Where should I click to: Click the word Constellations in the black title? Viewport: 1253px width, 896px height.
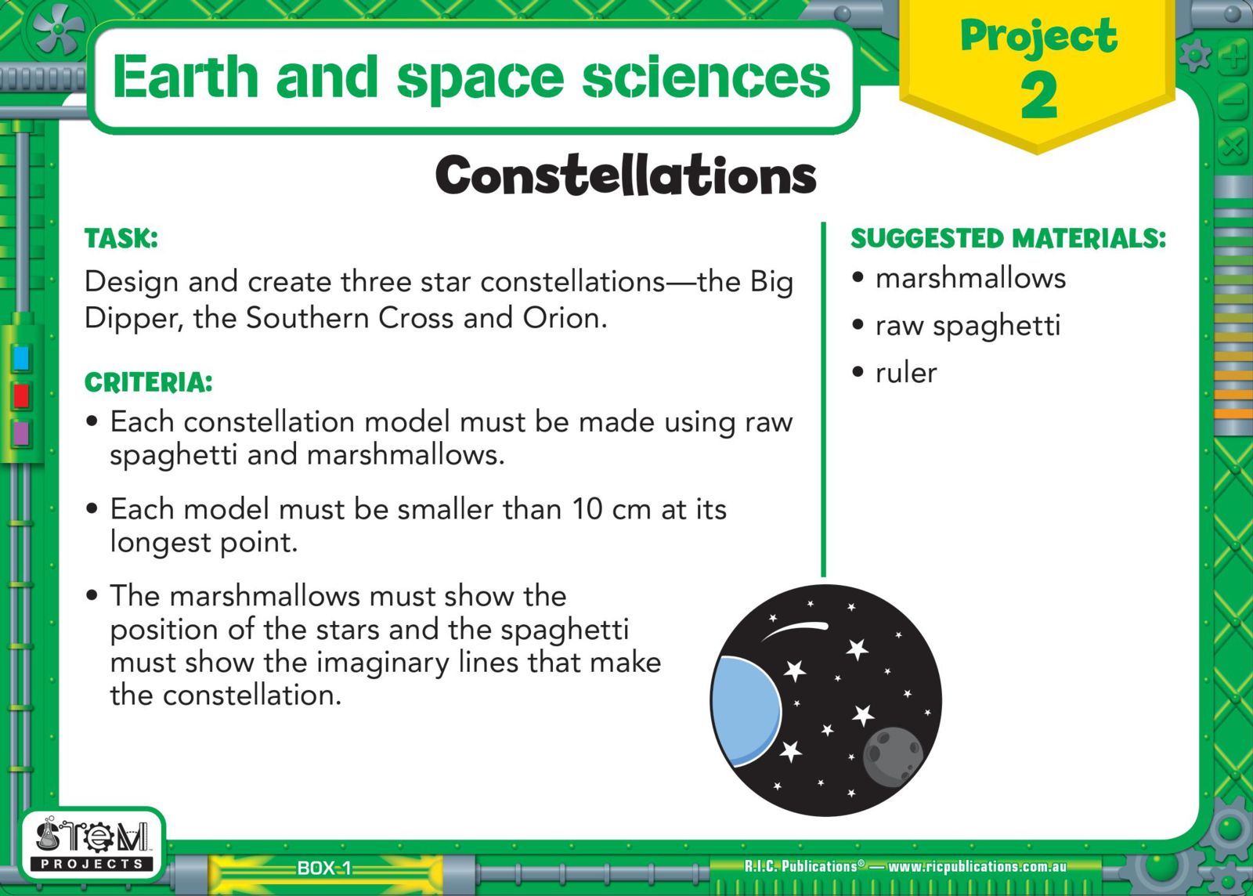point(626,175)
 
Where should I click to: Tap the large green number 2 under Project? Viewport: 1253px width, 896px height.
point(1038,96)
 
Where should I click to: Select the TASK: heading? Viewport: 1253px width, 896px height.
point(121,238)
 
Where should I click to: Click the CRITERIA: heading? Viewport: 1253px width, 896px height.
point(148,382)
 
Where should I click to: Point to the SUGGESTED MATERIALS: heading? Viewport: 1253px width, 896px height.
point(1009,238)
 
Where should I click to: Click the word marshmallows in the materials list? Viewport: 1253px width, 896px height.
point(970,278)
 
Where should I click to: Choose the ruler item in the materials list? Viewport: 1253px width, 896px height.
point(906,373)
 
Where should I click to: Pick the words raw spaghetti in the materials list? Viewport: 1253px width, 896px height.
point(968,326)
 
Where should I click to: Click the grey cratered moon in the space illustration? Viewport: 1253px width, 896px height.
point(893,757)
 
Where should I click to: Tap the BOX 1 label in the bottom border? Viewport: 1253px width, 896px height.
point(324,868)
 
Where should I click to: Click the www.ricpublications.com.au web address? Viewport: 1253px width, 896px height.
point(977,866)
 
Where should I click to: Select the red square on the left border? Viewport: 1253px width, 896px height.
point(20,396)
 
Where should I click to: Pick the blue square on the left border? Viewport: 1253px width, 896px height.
point(20,358)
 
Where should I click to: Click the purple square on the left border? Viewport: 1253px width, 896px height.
point(20,433)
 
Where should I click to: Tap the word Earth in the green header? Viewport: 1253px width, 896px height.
point(185,76)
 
